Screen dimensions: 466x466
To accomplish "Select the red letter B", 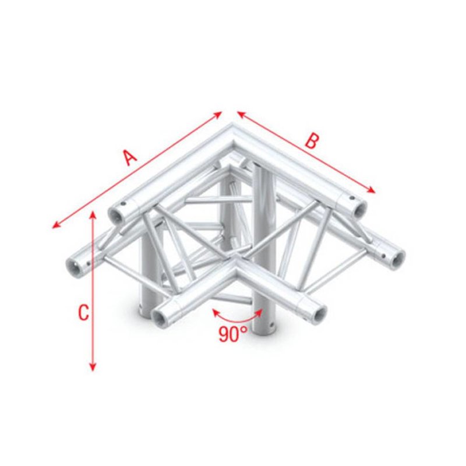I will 313,140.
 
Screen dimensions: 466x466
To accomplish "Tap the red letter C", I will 83,313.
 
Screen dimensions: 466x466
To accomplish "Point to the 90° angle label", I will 234,334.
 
